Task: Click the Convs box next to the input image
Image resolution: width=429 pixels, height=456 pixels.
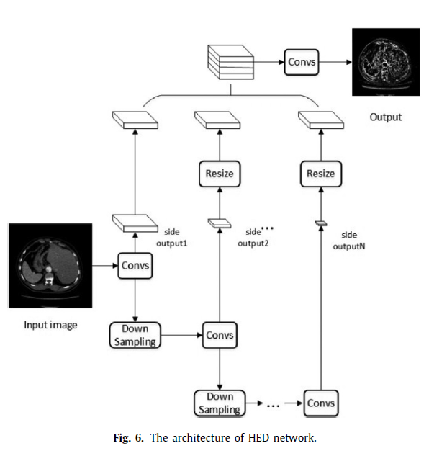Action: tap(135, 266)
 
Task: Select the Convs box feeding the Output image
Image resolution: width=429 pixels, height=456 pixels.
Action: tap(302, 62)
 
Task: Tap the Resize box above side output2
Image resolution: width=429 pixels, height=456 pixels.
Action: tap(220, 174)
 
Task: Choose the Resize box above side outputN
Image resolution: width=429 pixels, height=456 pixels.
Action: tap(321, 174)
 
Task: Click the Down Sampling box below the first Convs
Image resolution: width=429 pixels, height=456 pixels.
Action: tap(135, 335)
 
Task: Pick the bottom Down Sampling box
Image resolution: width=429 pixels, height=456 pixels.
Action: tap(220, 403)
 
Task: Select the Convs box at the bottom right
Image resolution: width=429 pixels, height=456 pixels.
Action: tap(321, 403)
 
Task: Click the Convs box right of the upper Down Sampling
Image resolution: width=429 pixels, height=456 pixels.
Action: tap(220, 335)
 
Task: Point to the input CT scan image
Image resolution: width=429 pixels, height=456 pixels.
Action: tap(50, 266)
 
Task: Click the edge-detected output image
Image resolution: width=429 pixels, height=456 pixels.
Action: tap(386, 62)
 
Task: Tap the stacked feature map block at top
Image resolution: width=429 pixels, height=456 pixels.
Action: tap(231, 62)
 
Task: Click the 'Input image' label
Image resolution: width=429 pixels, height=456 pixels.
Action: tap(50, 325)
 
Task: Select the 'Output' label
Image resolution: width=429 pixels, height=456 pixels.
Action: tap(386, 117)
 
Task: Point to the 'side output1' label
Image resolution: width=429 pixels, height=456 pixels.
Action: tap(172, 237)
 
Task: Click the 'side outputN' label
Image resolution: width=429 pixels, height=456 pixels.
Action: tap(349, 241)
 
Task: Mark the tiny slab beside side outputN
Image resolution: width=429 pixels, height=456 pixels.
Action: tap(321, 223)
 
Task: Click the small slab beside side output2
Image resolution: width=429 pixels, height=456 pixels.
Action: tap(220, 223)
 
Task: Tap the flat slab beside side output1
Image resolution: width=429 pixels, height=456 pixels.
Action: tap(135, 223)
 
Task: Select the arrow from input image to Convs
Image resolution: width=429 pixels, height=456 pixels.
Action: tap(105, 266)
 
